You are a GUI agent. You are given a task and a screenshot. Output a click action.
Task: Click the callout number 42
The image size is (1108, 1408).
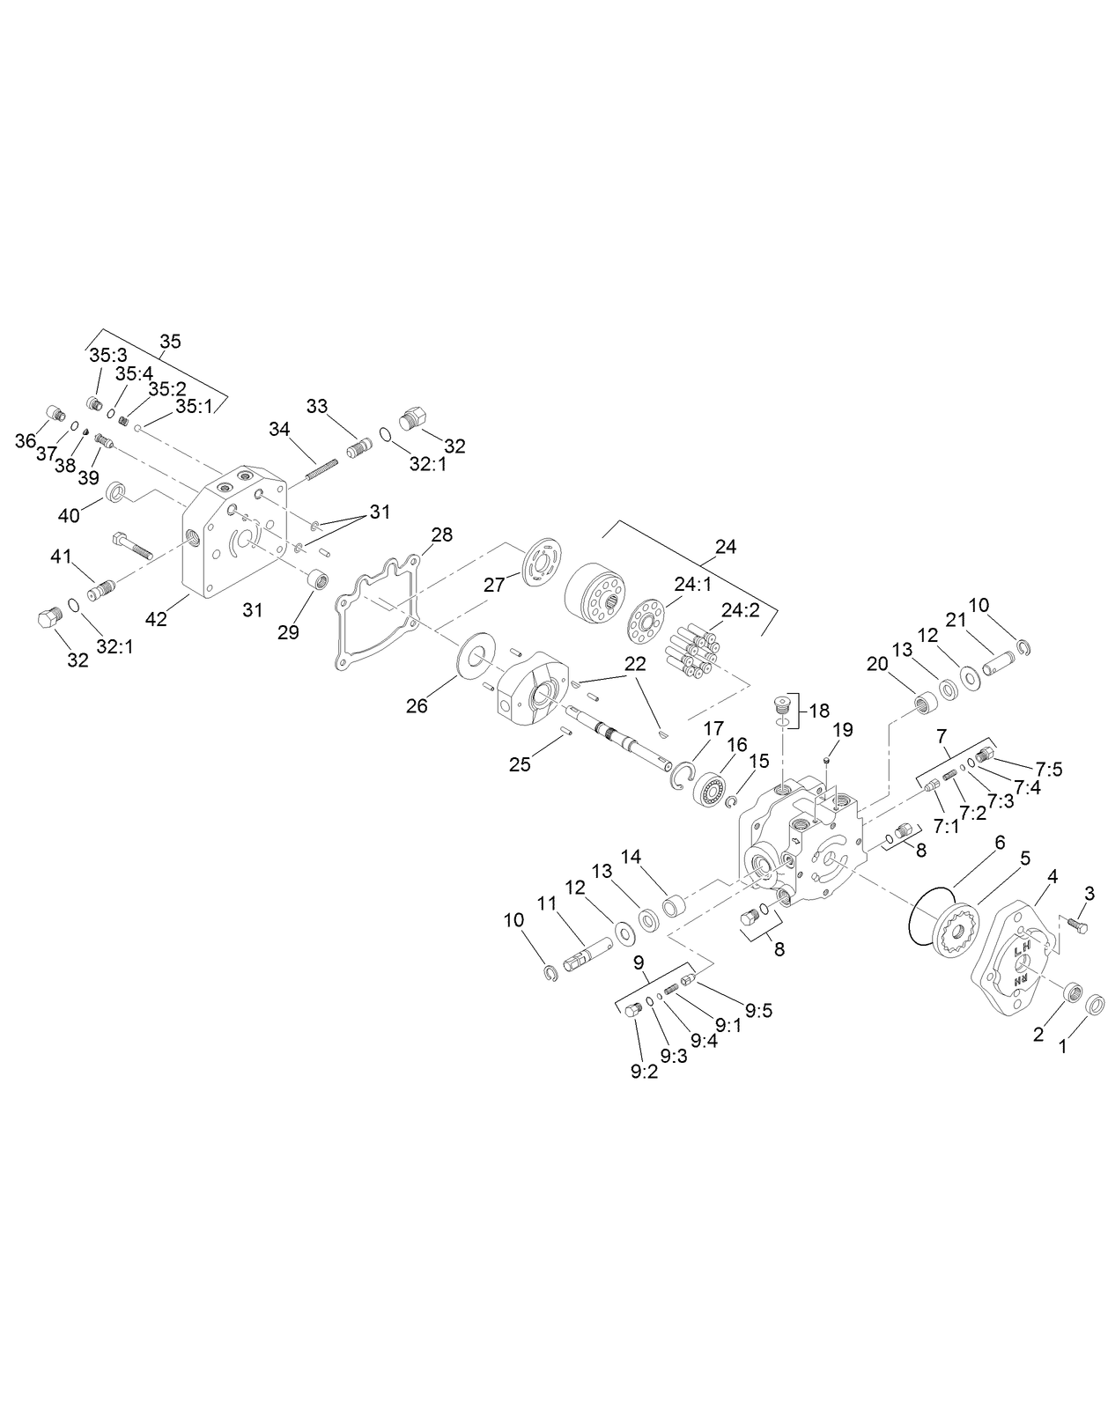click(x=156, y=619)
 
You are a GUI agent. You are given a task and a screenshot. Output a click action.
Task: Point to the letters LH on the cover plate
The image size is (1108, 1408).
click(x=1023, y=949)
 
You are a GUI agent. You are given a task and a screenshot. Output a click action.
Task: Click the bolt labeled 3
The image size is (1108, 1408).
click(x=1076, y=925)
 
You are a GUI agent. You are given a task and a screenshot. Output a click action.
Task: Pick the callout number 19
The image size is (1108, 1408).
click(x=843, y=729)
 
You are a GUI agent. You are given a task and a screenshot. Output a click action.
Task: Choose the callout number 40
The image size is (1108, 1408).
click(x=69, y=514)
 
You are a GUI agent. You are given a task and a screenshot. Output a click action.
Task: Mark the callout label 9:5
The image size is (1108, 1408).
click(x=757, y=1010)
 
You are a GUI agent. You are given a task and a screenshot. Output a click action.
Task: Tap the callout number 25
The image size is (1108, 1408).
click(x=520, y=763)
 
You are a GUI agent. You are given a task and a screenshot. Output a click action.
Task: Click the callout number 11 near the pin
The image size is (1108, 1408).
click(x=548, y=903)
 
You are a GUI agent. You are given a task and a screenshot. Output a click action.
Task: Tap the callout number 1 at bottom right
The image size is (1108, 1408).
click(x=1062, y=1047)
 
